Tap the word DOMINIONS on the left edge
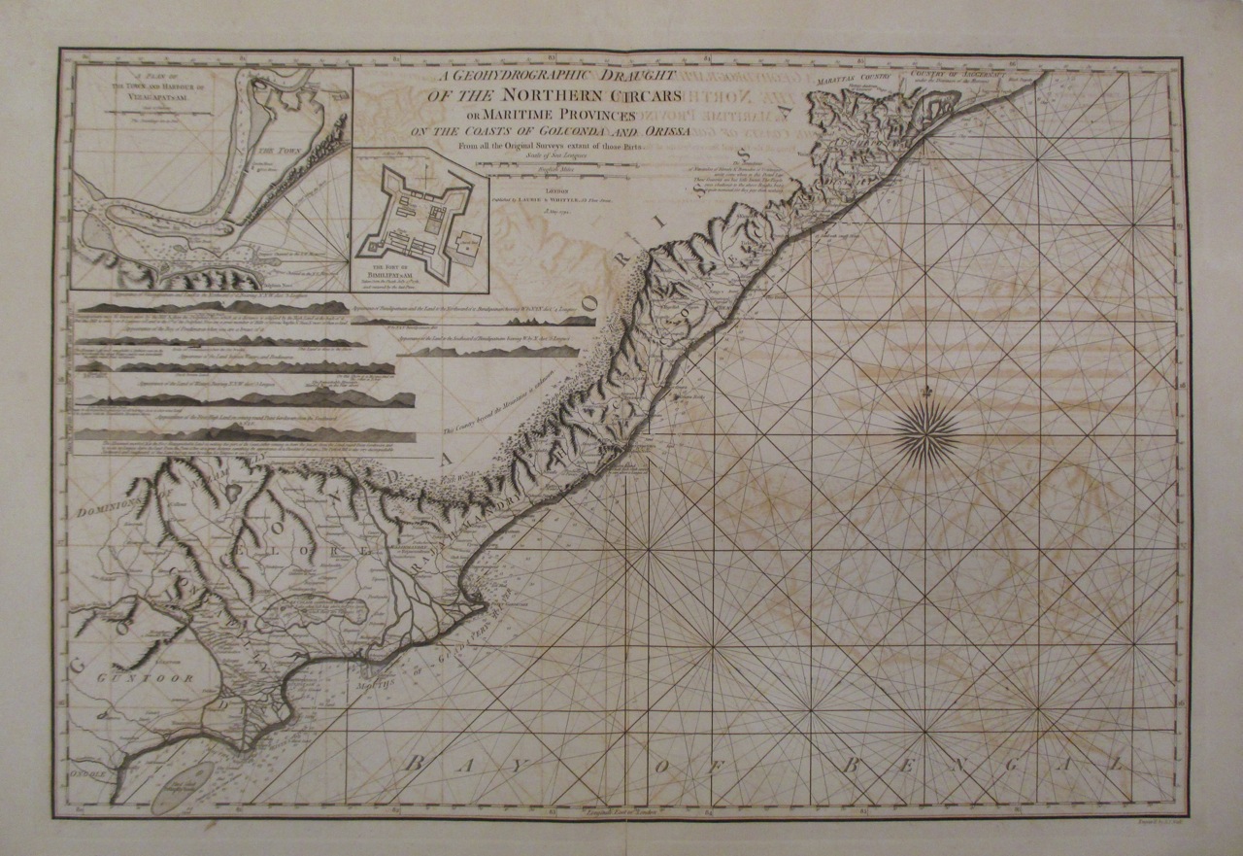(109, 504)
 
